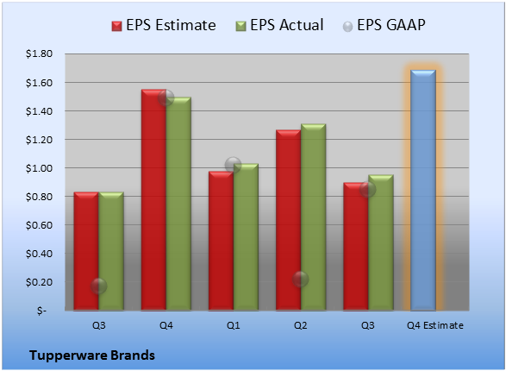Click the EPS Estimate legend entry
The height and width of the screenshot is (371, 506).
click(x=164, y=25)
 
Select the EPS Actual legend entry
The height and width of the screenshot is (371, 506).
click(x=279, y=25)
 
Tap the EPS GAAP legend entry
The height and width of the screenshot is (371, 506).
click(x=384, y=25)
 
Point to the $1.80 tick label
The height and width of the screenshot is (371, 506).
click(x=39, y=53)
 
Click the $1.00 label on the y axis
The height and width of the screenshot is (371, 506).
click(x=39, y=168)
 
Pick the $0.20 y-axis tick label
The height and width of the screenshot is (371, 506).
click(x=39, y=282)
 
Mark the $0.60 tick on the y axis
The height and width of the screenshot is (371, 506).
click(x=39, y=225)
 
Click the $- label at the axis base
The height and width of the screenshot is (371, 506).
click(x=41, y=311)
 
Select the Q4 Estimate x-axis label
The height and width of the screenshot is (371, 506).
click(x=435, y=325)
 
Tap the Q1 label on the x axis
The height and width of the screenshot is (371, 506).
click(x=234, y=325)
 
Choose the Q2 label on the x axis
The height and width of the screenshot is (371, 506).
click(x=301, y=325)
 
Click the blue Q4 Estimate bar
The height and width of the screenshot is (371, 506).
click(x=423, y=190)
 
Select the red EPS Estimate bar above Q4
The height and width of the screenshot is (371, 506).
click(x=153, y=200)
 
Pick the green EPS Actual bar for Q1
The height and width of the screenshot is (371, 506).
click(x=246, y=237)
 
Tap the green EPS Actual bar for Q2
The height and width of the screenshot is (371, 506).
click(x=313, y=217)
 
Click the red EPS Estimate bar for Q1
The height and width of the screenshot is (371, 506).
click(x=221, y=241)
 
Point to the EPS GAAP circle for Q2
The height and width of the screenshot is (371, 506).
click(x=301, y=280)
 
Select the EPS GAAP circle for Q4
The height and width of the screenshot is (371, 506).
click(x=166, y=97)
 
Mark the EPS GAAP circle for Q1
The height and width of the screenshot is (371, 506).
click(x=233, y=165)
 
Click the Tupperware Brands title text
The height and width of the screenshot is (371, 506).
click(x=92, y=355)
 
